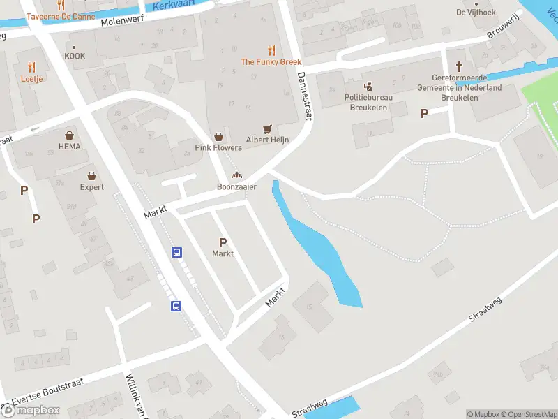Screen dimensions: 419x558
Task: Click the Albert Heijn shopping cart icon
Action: (267, 129)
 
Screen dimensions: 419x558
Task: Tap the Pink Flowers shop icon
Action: (219, 137)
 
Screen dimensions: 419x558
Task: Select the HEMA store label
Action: (70, 147)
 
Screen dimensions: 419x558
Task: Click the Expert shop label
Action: (91, 187)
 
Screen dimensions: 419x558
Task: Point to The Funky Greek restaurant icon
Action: (271, 50)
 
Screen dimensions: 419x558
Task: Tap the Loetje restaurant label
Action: (31, 79)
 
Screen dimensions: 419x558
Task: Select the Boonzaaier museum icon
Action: (236, 176)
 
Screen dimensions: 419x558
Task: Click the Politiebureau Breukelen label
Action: (368, 102)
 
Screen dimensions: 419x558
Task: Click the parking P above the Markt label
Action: (223, 242)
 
